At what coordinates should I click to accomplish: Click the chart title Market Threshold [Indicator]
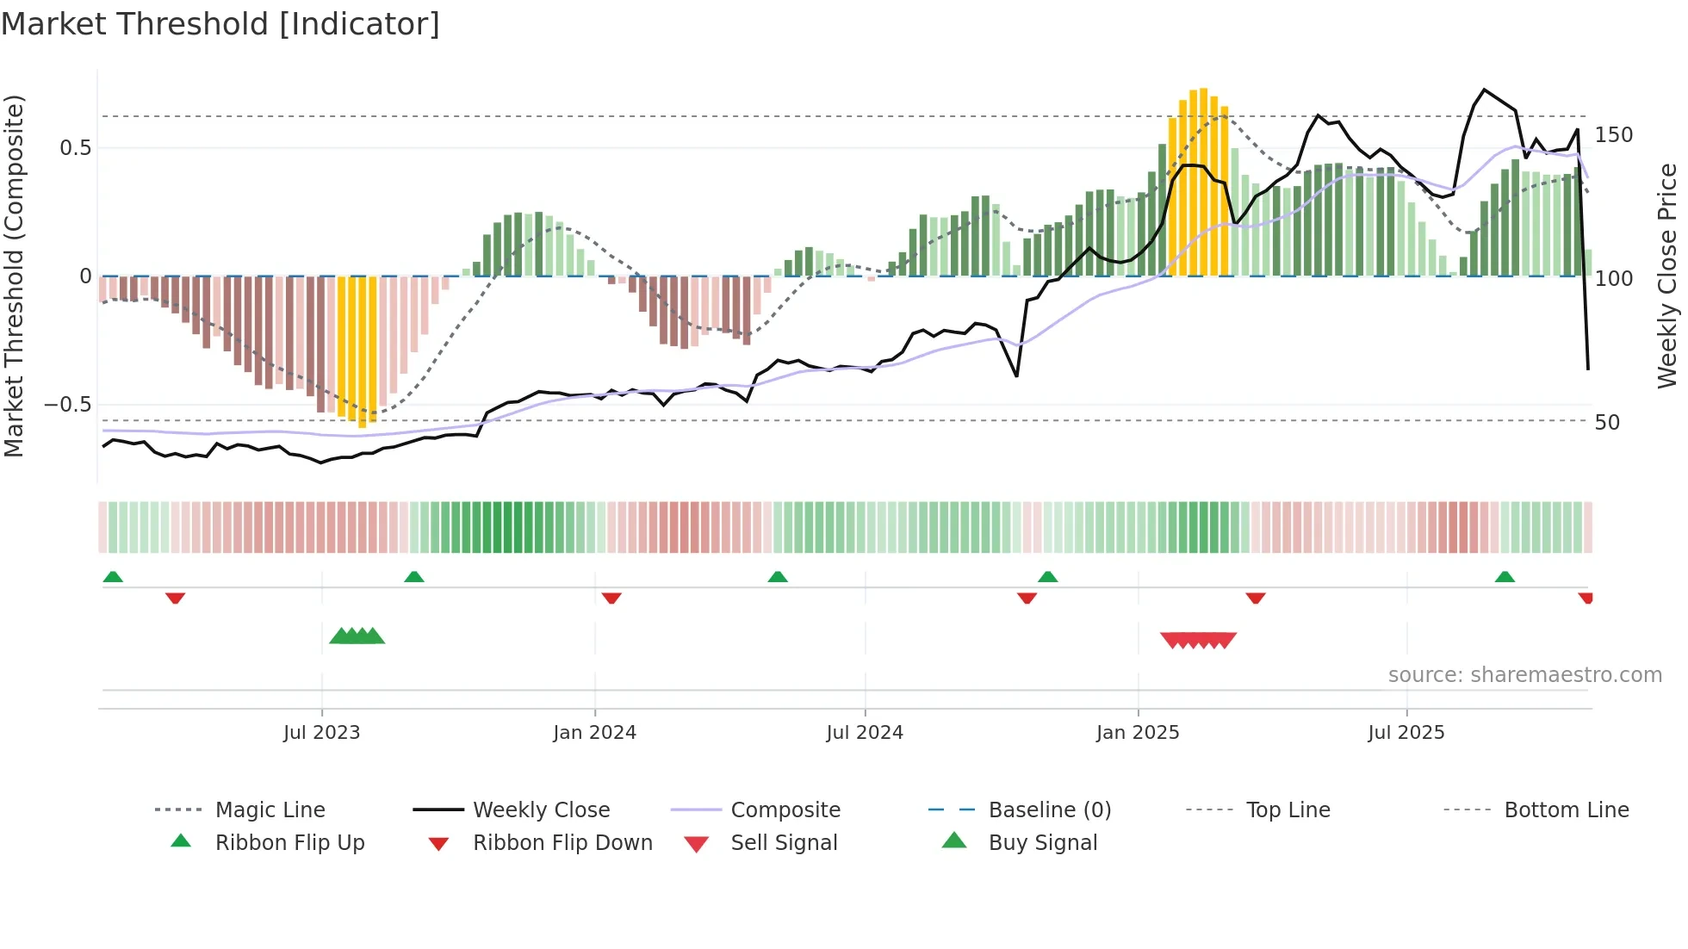pyautogui.click(x=220, y=24)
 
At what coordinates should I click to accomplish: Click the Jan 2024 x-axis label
pyautogui.click(x=594, y=733)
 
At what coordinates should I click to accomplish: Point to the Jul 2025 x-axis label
pyautogui.click(x=1406, y=733)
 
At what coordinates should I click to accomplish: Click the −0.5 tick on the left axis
pyautogui.click(x=68, y=405)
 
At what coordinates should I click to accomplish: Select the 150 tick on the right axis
pyautogui.click(x=1613, y=135)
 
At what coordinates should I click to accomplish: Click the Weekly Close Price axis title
pyautogui.click(x=1667, y=276)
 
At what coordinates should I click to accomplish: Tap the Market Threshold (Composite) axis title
pyautogui.click(x=14, y=276)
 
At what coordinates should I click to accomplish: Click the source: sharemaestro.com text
pyautogui.click(x=1524, y=675)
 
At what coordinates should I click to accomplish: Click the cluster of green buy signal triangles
pyautogui.click(x=357, y=636)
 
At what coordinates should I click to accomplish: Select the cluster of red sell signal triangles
pyautogui.click(x=1198, y=640)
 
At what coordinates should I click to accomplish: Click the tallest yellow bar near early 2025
pyautogui.click(x=1203, y=181)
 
